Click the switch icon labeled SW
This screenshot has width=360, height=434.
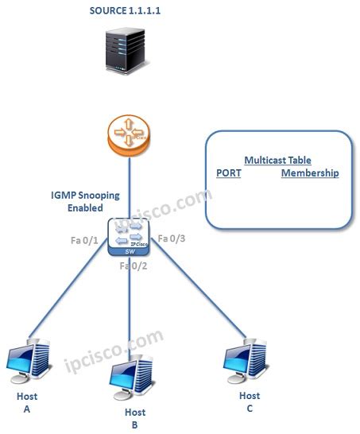(x=129, y=236)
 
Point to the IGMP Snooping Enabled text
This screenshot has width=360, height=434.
(x=77, y=201)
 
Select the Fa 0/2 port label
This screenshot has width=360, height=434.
(x=134, y=265)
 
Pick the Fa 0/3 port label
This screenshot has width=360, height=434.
(x=172, y=238)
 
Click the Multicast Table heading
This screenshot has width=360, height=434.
(x=277, y=160)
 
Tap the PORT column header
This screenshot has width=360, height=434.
(x=228, y=173)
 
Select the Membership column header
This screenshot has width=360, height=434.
(x=309, y=173)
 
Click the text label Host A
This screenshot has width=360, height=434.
(x=27, y=401)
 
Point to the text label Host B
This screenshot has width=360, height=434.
(x=135, y=418)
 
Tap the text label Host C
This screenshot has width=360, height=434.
(x=249, y=401)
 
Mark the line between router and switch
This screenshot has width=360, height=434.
(x=128, y=186)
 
